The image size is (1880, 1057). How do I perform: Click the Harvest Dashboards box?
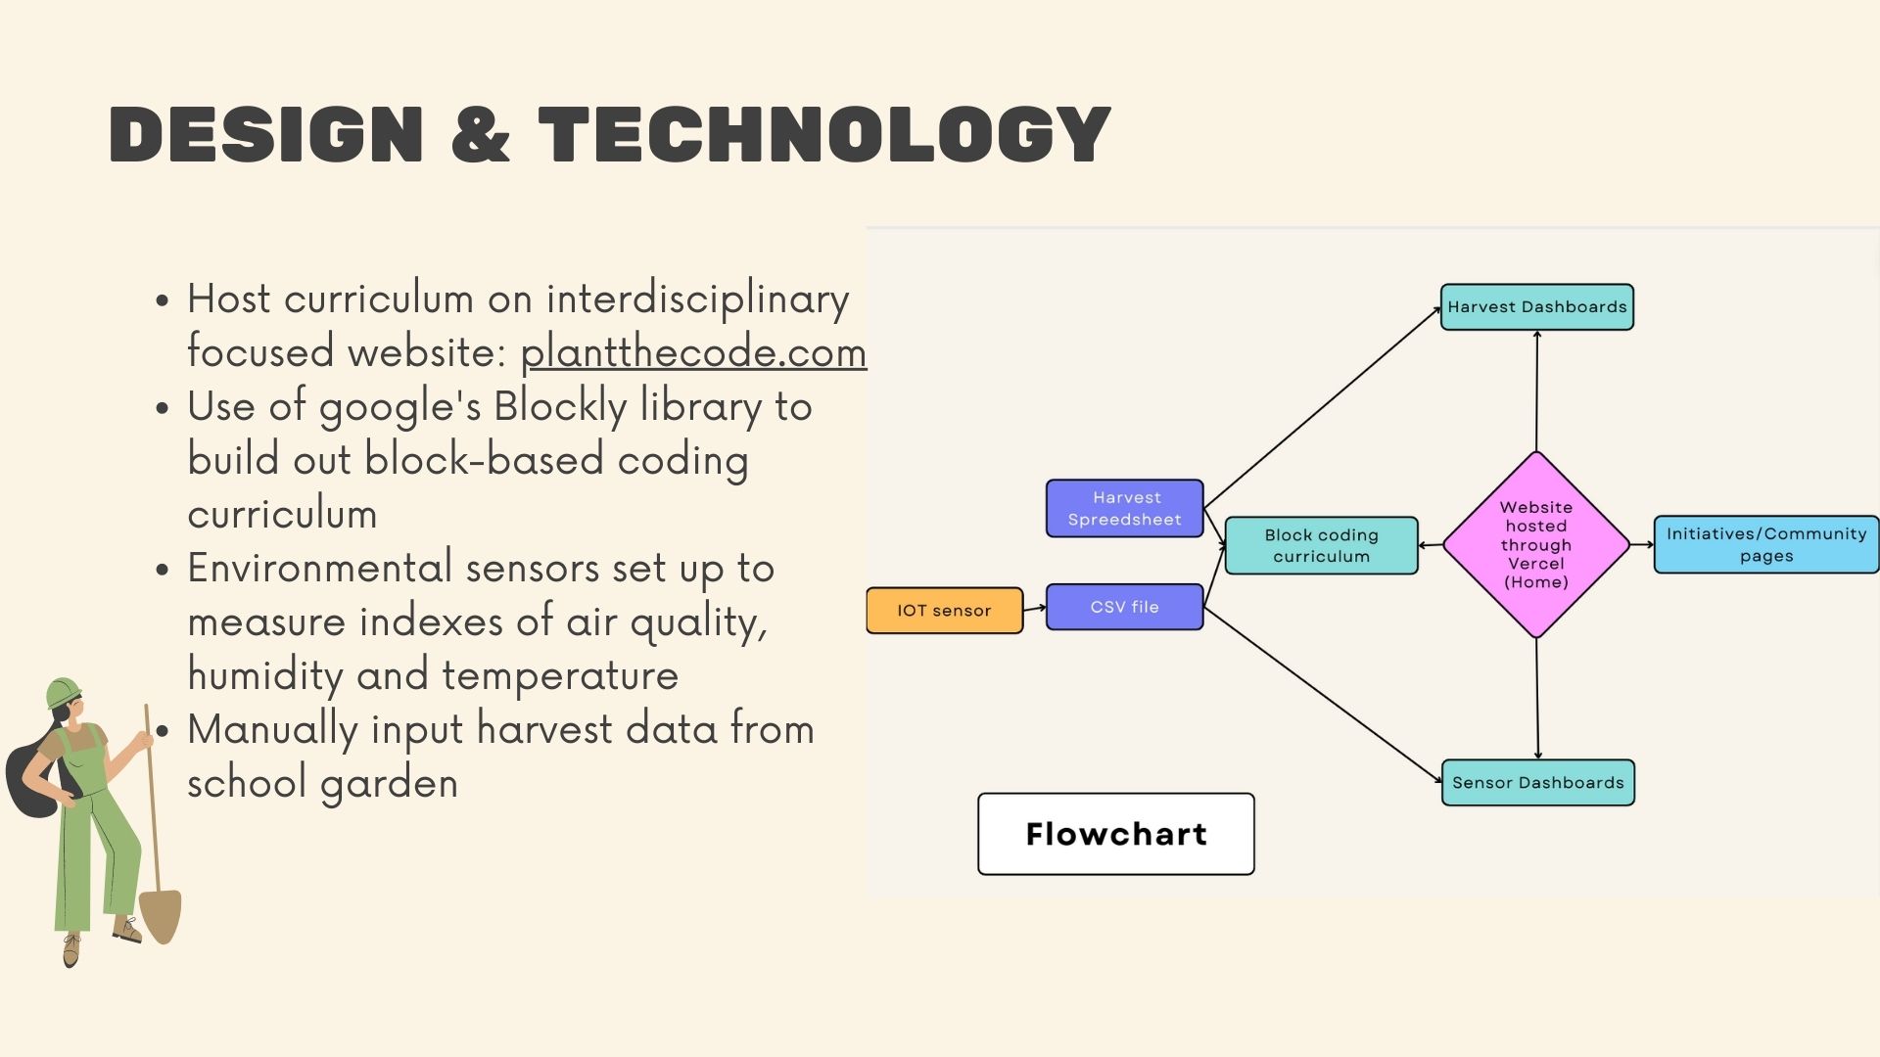[x=1536, y=307]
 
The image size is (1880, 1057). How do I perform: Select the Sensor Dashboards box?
[x=1537, y=783]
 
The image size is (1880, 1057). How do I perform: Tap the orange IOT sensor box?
[x=944, y=611]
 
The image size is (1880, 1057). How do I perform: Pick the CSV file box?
[x=1124, y=607]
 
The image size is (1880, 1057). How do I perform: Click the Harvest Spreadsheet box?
[x=1124, y=508]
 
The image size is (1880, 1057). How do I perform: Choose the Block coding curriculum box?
[x=1321, y=545]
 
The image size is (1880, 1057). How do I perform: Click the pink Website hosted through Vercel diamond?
[x=1535, y=544]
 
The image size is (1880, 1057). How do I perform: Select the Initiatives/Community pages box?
[x=1765, y=544]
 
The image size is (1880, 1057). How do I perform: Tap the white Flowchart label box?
[x=1115, y=834]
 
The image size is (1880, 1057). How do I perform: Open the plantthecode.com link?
[x=693, y=352]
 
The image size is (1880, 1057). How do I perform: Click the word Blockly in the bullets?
[x=560, y=406]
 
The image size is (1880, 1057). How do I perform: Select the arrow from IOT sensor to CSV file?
[x=1034, y=608]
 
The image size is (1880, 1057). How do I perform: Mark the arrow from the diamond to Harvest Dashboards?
[x=1536, y=391]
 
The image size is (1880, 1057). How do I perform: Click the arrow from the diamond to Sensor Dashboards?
[x=1537, y=700]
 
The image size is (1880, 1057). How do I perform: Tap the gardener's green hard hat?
[x=64, y=691]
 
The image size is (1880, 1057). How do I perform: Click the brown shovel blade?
[x=161, y=916]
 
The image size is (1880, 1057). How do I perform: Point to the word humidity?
[x=264, y=675]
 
